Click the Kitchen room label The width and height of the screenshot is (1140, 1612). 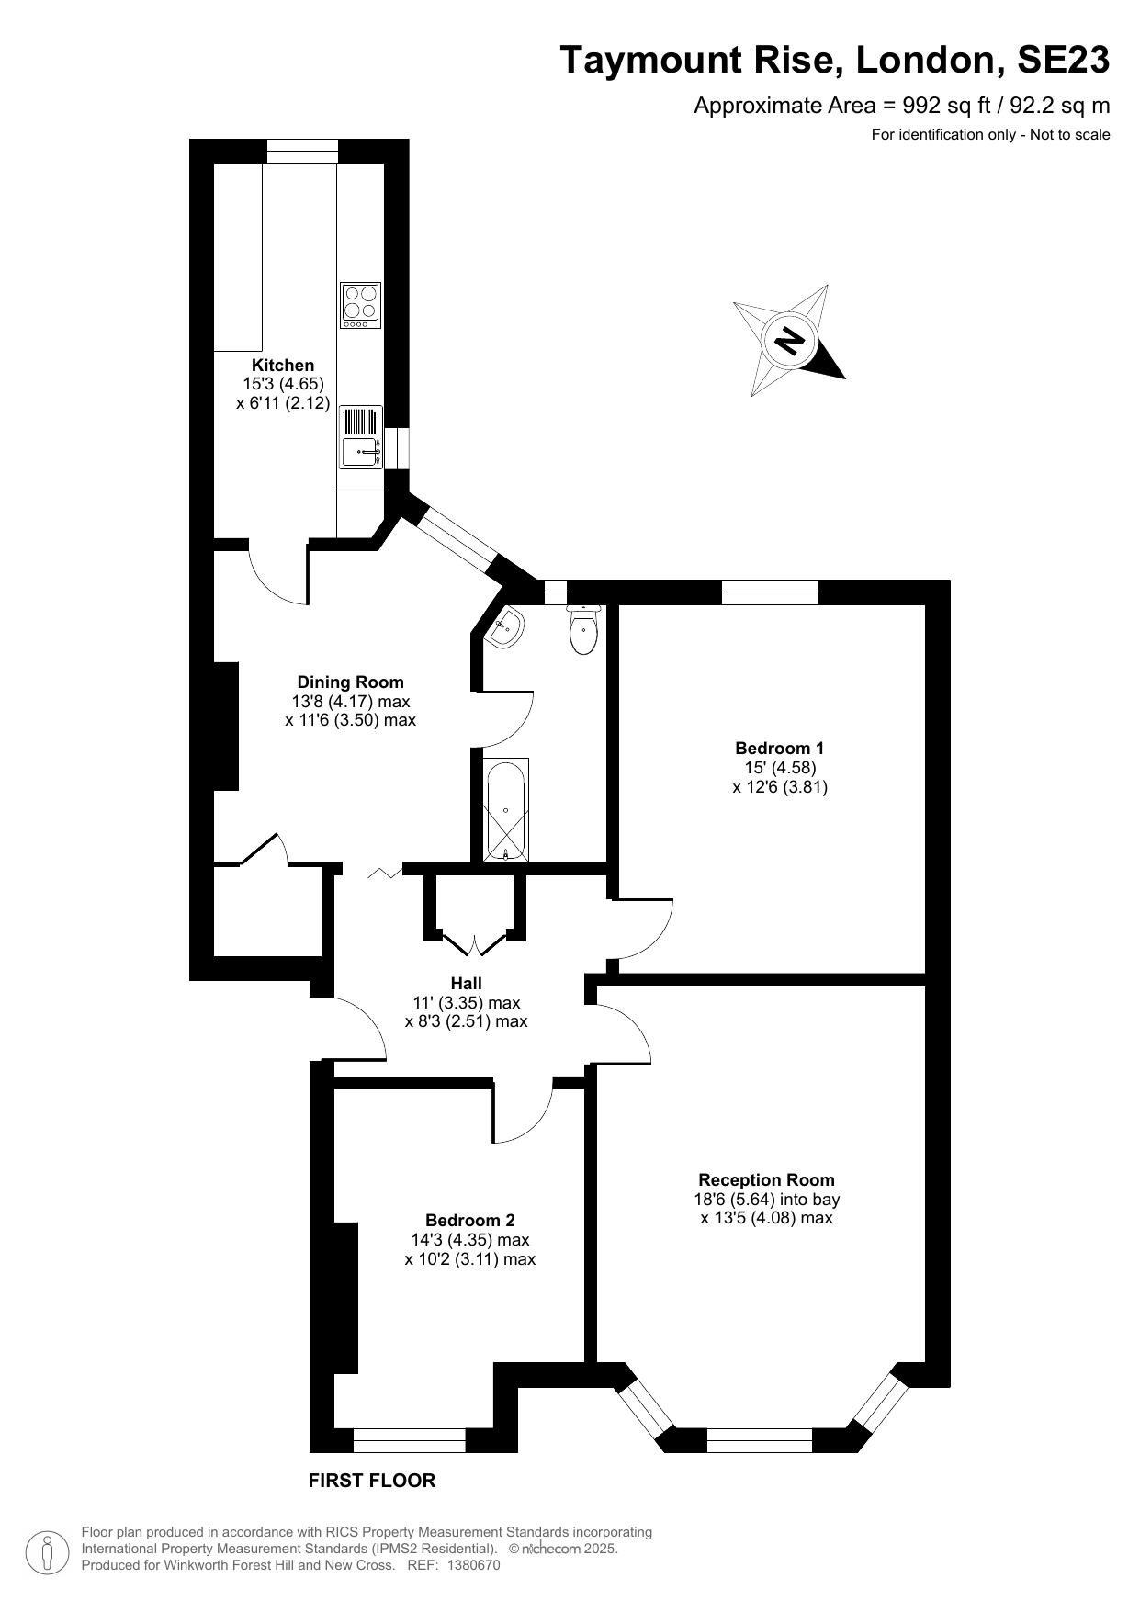click(283, 366)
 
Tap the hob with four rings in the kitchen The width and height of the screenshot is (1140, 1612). click(361, 305)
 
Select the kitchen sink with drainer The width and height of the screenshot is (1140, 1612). click(361, 436)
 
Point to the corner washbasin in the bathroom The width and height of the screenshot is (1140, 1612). click(505, 628)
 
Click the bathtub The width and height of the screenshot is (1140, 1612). click(505, 809)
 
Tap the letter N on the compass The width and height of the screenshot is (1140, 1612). click(789, 341)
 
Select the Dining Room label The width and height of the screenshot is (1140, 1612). click(350, 682)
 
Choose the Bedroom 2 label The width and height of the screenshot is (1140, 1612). click(470, 1221)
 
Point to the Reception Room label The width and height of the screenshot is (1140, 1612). click(766, 1180)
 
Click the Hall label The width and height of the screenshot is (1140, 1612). click(466, 984)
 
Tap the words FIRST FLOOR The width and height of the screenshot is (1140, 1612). click(371, 1481)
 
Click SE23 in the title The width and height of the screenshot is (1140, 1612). click(1063, 61)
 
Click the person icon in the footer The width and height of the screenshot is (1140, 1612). click(46, 1552)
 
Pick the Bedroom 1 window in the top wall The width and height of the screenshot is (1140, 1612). click(770, 592)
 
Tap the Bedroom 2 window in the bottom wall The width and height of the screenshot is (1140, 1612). click(409, 1440)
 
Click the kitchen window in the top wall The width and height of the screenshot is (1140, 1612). click(302, 151)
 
